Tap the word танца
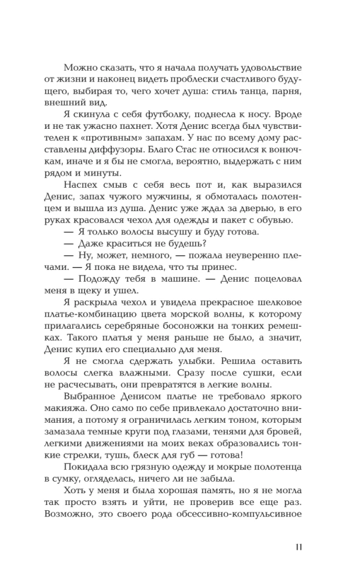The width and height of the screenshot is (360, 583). [x=243, y=93]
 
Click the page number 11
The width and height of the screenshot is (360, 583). [x=297, y=546]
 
